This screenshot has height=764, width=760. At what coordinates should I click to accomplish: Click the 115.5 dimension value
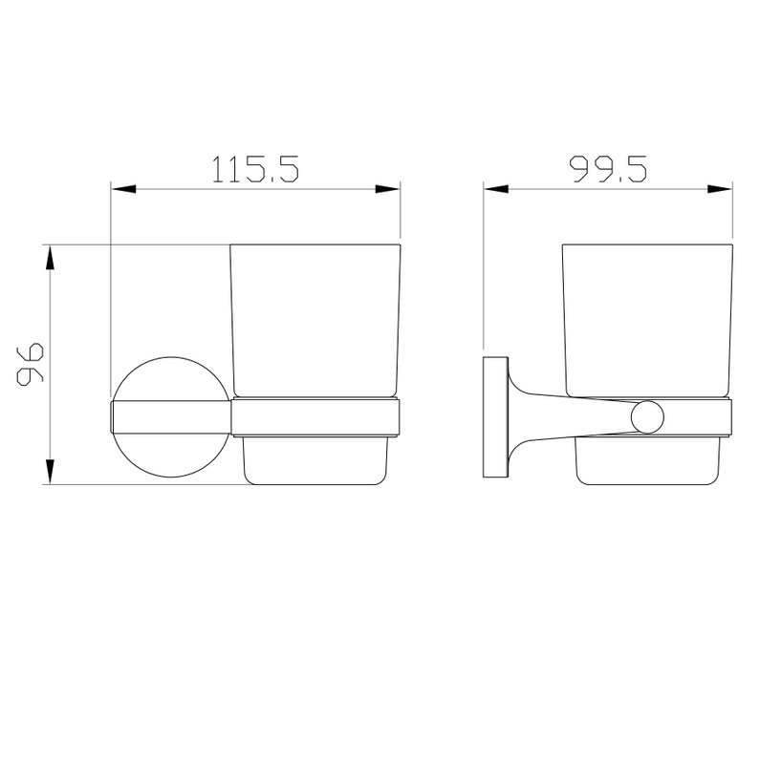255,169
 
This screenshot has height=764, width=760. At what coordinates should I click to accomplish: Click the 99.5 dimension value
609,169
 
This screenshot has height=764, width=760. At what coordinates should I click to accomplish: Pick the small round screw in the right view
645,416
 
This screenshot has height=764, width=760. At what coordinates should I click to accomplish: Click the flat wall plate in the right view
496,417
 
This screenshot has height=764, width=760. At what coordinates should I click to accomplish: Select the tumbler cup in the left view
315,320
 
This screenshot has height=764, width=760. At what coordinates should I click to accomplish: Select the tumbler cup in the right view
649,320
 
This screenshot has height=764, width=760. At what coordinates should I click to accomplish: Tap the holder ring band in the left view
315,417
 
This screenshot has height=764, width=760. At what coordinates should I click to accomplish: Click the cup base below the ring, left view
315,458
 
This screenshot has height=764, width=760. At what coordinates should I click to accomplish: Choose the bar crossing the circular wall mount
172,417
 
